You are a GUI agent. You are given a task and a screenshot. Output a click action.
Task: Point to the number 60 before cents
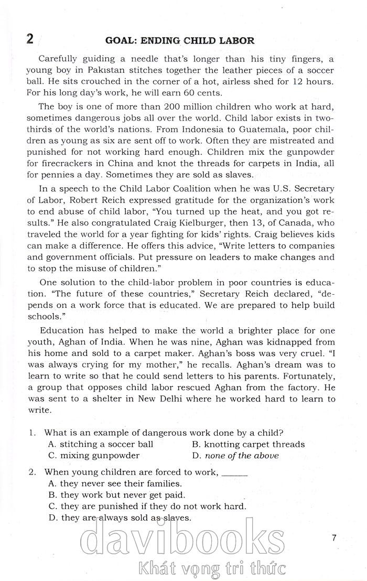tap(169, 94)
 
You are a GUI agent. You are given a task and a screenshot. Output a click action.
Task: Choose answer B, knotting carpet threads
tap(248, 444)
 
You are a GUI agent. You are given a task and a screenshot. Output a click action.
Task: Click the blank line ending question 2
tap(234, 474)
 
